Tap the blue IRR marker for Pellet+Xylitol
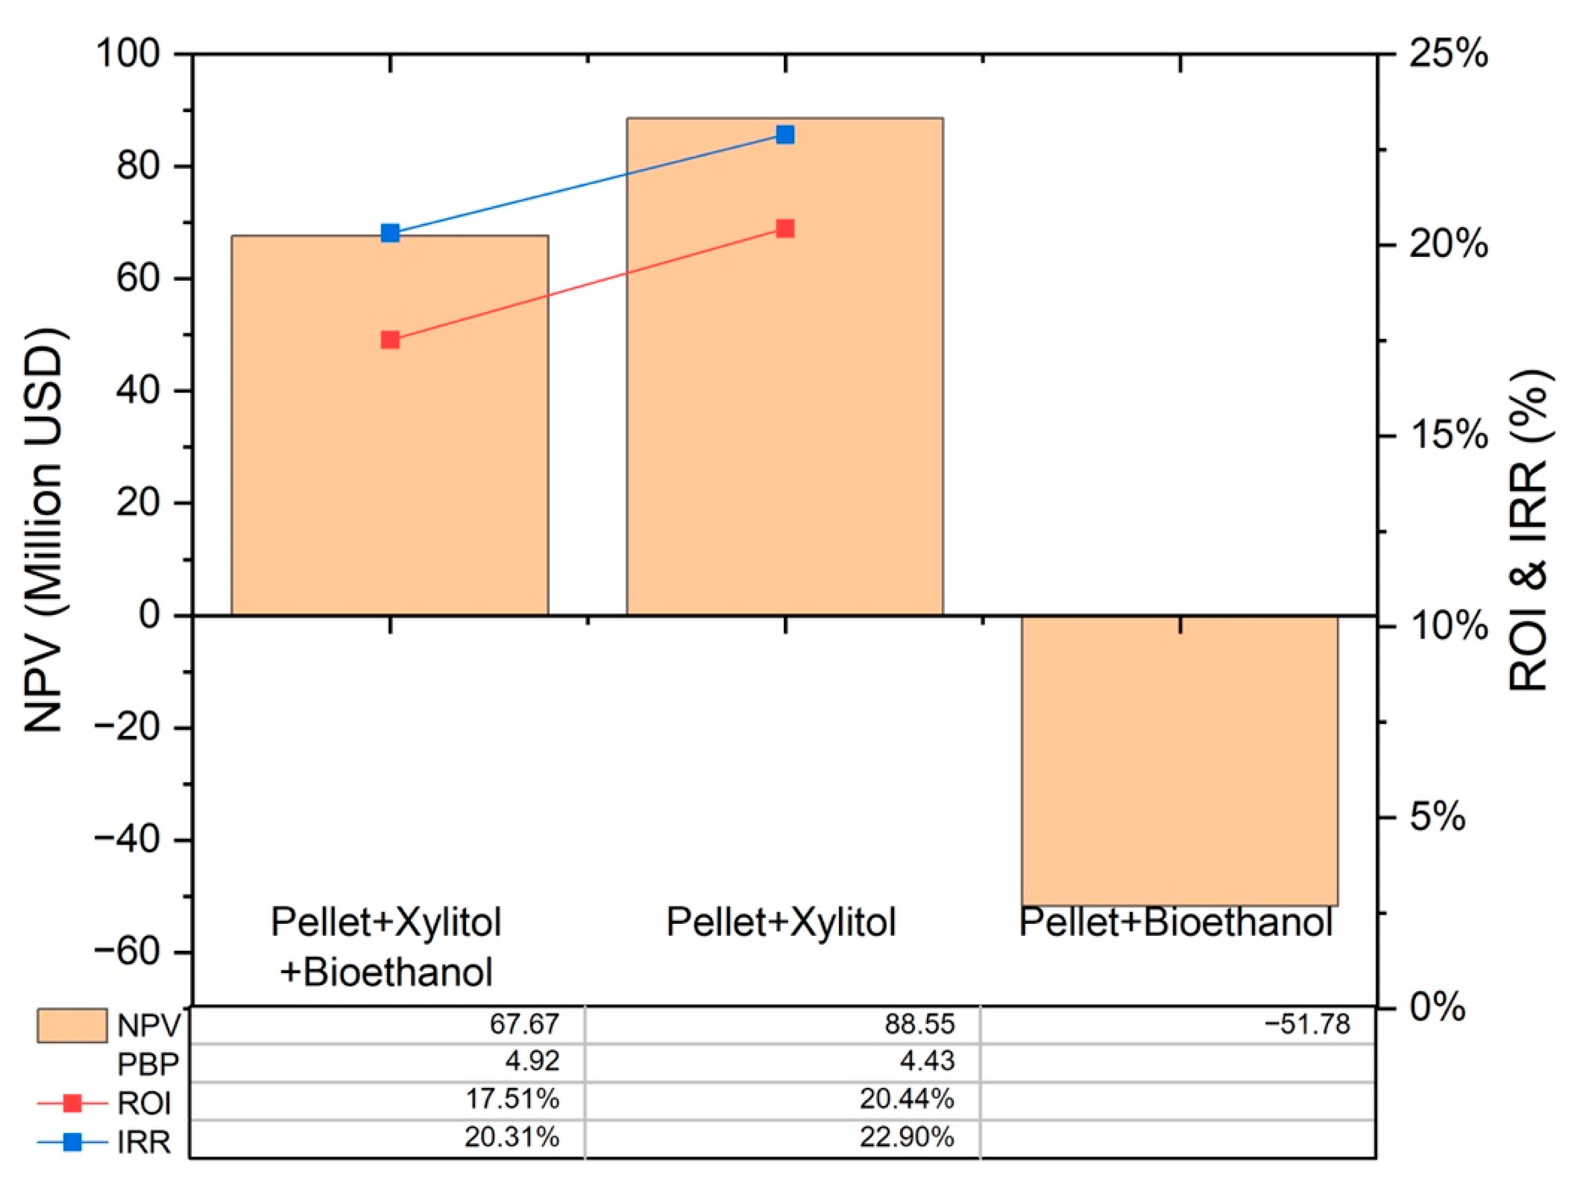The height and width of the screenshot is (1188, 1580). [x=785, y=134]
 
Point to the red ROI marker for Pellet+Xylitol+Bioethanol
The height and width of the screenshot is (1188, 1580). [x=390, y=340]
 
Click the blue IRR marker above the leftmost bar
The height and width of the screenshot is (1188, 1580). [x=390, y=233]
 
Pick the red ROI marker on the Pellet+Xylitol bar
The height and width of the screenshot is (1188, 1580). [x=785, y=229]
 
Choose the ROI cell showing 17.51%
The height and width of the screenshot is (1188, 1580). [x=512, y=1099]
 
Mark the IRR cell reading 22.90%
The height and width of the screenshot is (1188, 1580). [x=907, y=1137]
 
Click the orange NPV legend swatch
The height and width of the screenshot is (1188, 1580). [x=72, y=1026]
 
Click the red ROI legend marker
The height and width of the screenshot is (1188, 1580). [x=72, y=1103]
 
